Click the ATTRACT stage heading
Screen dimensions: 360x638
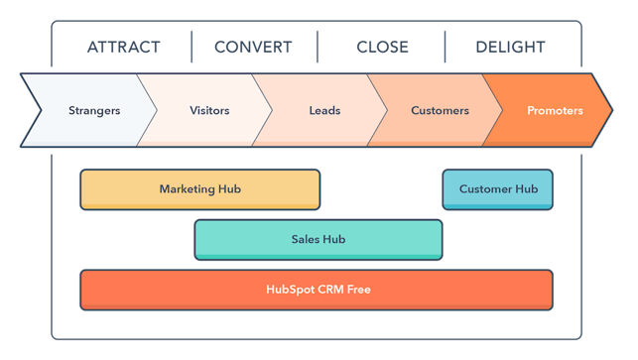[124, 47]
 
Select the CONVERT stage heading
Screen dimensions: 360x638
[253, 47]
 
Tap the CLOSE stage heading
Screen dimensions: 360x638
[382, 47]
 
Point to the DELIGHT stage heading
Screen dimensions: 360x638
[510, 47]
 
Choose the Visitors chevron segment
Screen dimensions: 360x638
[209, 110]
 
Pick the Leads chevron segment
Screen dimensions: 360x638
[324, 110]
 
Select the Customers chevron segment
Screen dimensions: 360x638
[440, 110]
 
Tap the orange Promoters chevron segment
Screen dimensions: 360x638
[555, 110]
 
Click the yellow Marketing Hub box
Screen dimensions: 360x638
[199, 188]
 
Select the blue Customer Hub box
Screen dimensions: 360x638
[497, 188]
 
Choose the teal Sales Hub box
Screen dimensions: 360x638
[318, 239]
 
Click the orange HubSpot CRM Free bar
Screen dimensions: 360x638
[317, 290]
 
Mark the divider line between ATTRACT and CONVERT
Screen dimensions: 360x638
[191, 47]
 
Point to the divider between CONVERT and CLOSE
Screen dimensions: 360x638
[318, 47]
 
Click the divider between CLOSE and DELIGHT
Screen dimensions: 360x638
[445, 47]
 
